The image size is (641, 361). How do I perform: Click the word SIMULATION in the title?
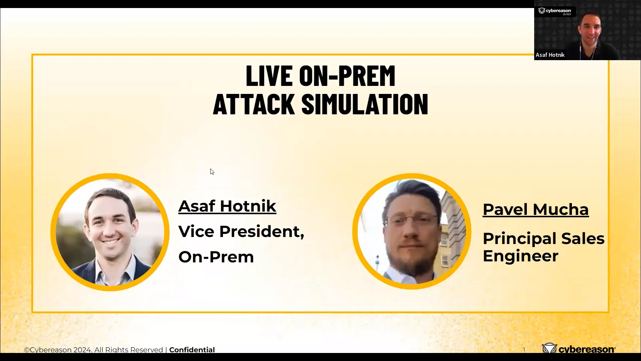click(365, 104)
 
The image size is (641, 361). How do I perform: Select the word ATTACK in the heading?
click(254, 104)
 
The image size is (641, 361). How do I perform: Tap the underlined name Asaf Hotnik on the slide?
click(227, 206)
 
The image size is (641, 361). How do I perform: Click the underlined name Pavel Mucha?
click(536, 210)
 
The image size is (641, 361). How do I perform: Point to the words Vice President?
click(241, 231)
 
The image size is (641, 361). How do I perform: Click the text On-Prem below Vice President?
click(216, 257)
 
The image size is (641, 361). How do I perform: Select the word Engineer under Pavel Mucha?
click(520, 256)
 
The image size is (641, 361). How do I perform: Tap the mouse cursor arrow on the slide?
click(212, 171)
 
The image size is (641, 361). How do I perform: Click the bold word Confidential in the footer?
click(192, 350)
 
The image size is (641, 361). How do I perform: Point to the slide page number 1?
click(524, 350)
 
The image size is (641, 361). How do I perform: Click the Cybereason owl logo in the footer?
click(549, 349)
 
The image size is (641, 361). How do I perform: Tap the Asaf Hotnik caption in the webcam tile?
click(550, 55)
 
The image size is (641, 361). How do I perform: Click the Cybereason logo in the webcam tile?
click(555, 11)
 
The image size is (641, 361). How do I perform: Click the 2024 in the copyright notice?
click(83, 350)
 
